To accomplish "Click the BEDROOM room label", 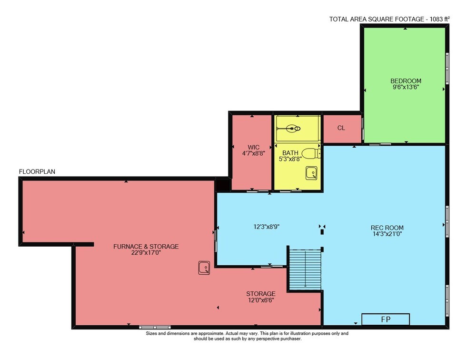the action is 406,81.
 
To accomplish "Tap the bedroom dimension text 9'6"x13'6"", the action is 406,87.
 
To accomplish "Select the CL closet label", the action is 341,128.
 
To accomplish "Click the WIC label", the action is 254,147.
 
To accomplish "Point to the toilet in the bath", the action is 311,154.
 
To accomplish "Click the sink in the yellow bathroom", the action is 311,173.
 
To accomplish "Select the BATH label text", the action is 290,153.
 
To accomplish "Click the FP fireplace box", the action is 386,320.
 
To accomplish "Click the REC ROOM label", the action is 387,228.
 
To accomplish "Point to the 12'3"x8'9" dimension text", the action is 266,227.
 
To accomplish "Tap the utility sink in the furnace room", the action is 204,268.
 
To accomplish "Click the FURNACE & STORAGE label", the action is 146,246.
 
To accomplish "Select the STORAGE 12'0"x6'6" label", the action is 261,297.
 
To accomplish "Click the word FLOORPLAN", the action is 37,171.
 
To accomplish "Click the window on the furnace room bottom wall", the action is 155,328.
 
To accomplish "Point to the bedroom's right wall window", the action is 447,69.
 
